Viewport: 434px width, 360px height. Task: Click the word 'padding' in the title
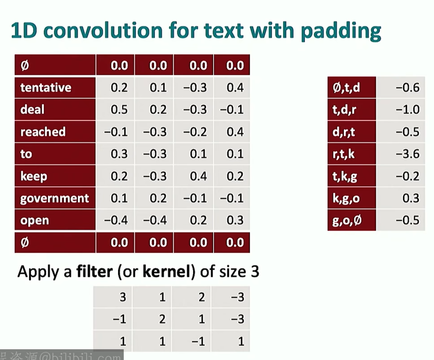(x=341, y=31)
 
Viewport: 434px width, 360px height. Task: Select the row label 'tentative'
(x=46, y=88)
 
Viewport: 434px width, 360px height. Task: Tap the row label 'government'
(x=55, y=199)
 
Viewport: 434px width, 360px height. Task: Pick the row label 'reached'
(x=43, y=132)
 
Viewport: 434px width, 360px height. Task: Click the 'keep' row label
(x=34, y=176)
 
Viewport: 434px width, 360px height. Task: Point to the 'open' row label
(x=35, y=221)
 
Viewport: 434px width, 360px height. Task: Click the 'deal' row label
(x=32, y=109)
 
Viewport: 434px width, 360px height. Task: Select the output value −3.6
(x=407, y=154)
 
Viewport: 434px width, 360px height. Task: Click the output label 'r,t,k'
(x=343, y=154)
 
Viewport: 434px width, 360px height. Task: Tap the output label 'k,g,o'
(x=346, y=198)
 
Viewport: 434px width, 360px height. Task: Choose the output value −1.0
(x=407, y=109)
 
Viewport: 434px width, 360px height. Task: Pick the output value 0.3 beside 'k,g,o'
(x=411, y=198)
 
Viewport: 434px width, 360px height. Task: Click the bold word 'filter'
(x=95, y=271)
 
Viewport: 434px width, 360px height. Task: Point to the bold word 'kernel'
(x=167, y=271)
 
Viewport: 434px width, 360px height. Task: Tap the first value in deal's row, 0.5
(x=119, y=109)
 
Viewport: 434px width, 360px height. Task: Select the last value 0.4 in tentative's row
(x=235, y=88)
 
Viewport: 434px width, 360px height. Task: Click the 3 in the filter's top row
(x=123, y=297)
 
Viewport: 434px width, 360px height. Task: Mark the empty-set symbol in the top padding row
(x=25, y=65)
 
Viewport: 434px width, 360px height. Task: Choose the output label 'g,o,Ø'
(x=347, y=221)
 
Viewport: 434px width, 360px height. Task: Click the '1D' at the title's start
(x=24, y=30)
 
